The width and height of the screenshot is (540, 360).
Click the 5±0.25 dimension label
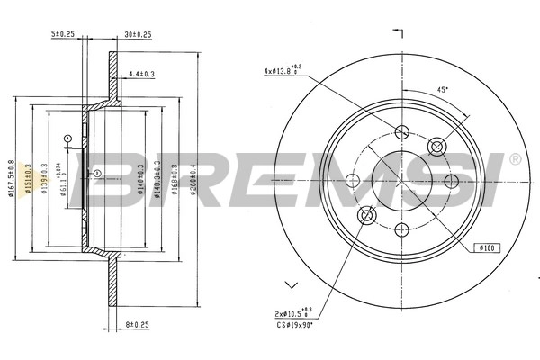[x=62, y=35]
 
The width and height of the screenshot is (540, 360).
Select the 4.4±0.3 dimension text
[x=142, y=76]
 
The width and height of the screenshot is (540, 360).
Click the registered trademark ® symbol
[x=514, y=160]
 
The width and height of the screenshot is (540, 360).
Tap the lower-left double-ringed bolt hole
[x=367, y=215]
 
